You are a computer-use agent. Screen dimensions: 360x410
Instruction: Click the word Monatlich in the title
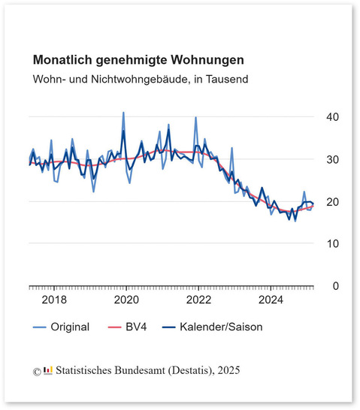62,60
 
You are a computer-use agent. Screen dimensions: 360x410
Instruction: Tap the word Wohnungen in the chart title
207,60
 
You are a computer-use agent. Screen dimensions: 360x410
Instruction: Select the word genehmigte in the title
132,61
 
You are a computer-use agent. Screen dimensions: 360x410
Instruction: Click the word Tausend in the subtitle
227,79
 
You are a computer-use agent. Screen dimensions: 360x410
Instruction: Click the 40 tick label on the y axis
332,117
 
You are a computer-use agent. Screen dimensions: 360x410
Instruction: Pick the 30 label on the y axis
332,159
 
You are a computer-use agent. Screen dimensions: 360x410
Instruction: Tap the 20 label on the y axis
332,202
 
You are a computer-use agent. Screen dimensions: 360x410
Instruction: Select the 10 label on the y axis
332,244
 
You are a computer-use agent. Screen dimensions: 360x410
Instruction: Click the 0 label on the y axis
336,286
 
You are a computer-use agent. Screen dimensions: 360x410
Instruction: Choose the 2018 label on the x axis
54,300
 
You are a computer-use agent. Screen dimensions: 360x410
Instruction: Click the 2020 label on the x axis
126,300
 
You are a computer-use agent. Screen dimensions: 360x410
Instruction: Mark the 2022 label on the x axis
198,300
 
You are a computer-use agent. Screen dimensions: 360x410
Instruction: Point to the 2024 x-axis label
271,300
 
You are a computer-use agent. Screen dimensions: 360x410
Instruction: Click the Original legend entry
61,327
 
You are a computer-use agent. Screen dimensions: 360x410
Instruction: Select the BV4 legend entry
128,327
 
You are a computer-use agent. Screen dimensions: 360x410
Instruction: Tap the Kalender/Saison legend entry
212,327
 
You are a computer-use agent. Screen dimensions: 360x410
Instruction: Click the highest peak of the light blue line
123,113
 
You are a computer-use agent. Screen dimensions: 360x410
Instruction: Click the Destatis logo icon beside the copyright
48,370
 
